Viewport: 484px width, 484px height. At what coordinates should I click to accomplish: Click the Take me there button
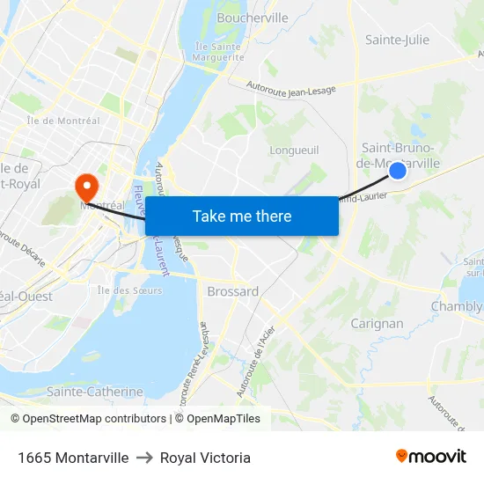(x=242, y=216)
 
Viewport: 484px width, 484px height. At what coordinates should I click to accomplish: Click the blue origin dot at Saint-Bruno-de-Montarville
(x=398, y=171)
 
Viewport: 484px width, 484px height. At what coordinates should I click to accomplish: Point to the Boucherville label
(x=253, y=18)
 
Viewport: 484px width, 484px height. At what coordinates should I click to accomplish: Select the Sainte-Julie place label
(x=397, y=40)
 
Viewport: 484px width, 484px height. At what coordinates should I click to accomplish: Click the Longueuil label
(x=294, y=150)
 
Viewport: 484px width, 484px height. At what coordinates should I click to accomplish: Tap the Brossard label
(x=232, y=291)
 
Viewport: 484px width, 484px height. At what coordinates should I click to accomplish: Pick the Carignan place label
(x=377, y=323)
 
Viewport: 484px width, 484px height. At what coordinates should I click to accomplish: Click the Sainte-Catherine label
(x=94, y=391)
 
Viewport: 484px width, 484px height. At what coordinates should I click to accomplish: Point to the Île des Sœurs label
(x=129, y=290)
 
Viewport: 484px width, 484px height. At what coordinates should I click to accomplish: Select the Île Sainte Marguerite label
(x=216, y=52)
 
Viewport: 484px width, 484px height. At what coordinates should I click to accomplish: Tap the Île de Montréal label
(x=63, y=121)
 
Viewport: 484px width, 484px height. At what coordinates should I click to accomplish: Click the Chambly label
(x=456, y=306)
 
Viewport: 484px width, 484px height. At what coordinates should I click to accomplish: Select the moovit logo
(x=431, y=456)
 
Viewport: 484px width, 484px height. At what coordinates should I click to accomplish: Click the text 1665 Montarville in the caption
(x=73, y=458)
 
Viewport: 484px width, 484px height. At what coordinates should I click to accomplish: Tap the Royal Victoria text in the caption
(x=205, y=458)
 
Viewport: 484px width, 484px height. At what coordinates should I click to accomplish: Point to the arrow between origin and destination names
(x=144, y=458)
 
